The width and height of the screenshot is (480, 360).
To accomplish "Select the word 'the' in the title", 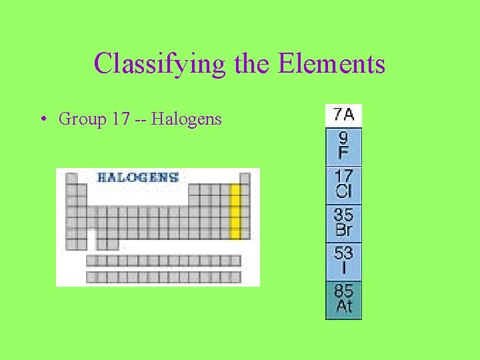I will (251, 64).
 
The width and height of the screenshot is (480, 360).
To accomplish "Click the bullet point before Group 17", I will (42, 120).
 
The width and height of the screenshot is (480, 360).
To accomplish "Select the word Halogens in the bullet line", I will (187, 120).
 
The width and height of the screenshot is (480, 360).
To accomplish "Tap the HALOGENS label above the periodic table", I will (137, 177).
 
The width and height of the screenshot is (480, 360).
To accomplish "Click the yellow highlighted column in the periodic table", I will (235, 212).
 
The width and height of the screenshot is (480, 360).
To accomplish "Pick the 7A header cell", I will (344, 115).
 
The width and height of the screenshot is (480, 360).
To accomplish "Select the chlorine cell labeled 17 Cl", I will (344, 185).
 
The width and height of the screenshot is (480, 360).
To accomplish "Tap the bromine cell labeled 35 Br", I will (344, 223).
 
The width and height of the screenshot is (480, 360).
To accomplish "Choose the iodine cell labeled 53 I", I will (344, 261).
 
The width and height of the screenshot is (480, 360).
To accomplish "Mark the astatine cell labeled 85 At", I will (344, 299).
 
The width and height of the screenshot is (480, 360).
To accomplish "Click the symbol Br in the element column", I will (344, 231).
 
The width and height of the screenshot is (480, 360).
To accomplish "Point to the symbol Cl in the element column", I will (344, 193).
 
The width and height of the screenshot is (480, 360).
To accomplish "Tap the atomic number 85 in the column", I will (344, 291).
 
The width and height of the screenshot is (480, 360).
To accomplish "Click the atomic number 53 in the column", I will (344, 253).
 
